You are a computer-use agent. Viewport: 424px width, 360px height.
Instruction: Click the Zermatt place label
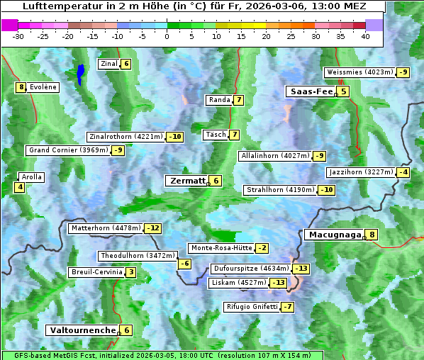pos(186,181)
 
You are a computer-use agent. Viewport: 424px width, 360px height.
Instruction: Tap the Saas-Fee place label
pos(311,91)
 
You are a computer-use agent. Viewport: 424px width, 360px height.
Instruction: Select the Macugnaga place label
pos(333,235)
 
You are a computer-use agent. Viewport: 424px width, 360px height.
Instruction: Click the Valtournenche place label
pos(82,330)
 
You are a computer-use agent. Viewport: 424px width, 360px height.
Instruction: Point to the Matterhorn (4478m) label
pos(105,228)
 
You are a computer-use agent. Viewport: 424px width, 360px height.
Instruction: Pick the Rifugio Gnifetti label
pos(250,307)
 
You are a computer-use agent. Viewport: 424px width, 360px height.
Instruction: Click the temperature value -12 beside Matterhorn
pos(152,228)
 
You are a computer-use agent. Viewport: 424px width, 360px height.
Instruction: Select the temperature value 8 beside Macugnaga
pos(372,235)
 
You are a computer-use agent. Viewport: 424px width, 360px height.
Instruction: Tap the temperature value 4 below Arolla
pos(20,188)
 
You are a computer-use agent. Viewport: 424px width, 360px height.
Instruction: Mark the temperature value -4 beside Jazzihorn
pos(403,172)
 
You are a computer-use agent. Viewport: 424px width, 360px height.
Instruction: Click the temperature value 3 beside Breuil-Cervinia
pos(130,272)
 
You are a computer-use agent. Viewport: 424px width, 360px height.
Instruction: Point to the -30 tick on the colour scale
pos(18,36)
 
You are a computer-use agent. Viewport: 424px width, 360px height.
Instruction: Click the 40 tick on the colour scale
pos(365,36)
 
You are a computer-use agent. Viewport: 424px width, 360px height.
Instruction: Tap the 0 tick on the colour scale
pos(167,36)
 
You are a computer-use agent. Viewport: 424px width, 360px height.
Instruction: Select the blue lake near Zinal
pos(80,73)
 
